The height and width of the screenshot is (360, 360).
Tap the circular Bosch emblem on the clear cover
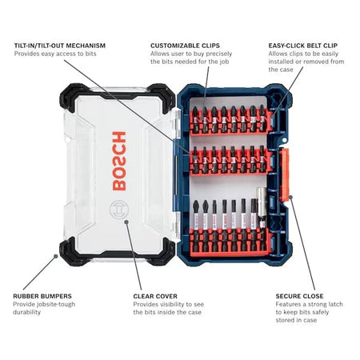(117, 210)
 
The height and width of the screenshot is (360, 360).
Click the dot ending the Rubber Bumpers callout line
(54, 258)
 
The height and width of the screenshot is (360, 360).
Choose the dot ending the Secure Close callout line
(290, 194)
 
